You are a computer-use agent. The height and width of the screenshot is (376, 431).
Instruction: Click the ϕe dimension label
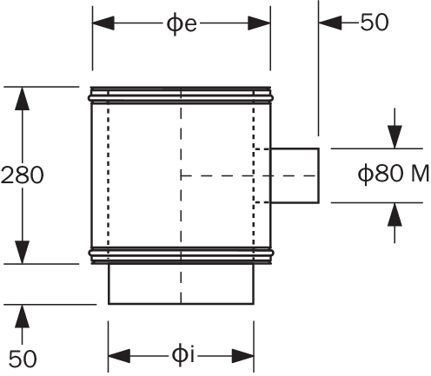pos(182,23)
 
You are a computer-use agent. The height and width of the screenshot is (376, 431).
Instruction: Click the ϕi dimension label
pos(182,354)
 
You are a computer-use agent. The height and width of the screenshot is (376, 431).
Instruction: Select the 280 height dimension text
pos(23,175)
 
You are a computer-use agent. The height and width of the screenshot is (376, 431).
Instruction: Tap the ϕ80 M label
pos(394,174)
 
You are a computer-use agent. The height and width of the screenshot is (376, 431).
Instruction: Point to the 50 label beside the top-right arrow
pos(375,22)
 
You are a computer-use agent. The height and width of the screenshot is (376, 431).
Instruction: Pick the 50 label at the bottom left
pos(23,359)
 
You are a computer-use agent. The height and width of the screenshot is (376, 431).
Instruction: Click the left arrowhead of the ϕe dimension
pos(103,23)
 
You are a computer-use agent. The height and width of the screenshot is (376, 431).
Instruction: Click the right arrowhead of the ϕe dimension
pos(259,23)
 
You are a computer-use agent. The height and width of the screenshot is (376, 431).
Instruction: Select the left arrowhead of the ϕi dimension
pos(119,356)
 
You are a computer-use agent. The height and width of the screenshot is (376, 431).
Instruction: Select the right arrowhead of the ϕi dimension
pos(243,356)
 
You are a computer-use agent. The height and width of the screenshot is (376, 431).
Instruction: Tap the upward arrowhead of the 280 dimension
pos(23,98)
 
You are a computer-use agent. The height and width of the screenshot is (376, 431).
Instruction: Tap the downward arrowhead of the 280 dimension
pos(23,252)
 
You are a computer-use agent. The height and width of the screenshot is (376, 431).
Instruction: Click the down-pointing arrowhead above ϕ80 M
pos(395,137)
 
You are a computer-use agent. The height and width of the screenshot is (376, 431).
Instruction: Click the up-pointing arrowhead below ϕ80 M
pos(395,214)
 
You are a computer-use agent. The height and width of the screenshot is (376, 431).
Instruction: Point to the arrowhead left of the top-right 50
pos(330,23)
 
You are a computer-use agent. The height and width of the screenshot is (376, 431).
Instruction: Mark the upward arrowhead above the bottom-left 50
pos(23,316)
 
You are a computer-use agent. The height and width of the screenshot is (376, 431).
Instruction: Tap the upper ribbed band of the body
pos(181,95)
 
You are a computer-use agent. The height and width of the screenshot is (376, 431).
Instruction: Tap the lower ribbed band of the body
pos(181,255)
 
